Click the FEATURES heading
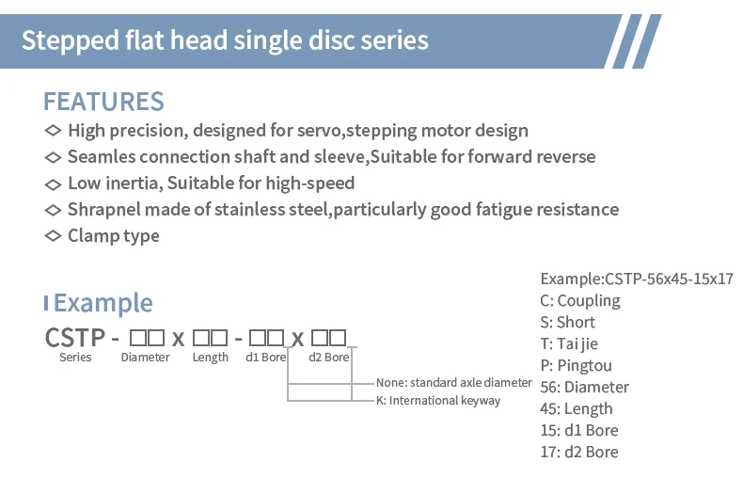[103, 102]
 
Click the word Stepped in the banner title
[71, 41]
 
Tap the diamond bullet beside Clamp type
[53, 235]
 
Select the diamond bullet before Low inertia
[53, 183]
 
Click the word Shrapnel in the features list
[103, 210]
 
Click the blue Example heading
[103, 303]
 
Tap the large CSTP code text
[75, 338]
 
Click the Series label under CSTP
[75, 357]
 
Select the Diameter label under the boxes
[145, 357]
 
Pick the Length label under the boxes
[211, 358]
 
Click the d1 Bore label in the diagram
[266, 357]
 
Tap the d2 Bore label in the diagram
[329, 357]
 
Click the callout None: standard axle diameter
[454, 383]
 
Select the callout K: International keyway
[438, 401]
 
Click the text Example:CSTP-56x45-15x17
[637, 279]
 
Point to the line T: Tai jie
[569, 343]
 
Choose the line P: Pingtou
[576, 366]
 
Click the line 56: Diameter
[584, 387]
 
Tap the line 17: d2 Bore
[579, 452]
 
